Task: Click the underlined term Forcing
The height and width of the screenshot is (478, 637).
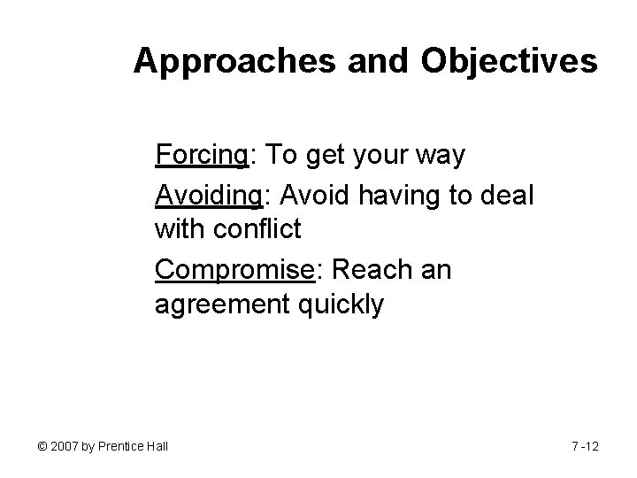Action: pyautogui.click(x=202, y=156)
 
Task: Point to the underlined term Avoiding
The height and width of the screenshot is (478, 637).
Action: pyautogui.click(x=207, y=193)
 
